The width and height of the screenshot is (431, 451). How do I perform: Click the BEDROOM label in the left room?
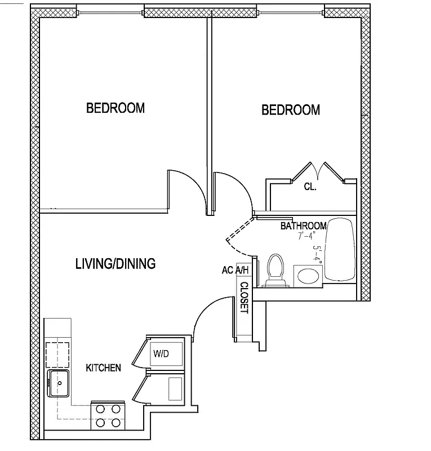pyautogui.click(x=115, y=108)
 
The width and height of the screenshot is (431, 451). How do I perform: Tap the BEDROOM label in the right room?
pyautogui.click(x=291, y=109)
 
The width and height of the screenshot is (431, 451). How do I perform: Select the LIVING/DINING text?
pyautogui.click(x=115, y=263)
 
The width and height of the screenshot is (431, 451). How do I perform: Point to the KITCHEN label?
pyautogui.click(x=103, y=368)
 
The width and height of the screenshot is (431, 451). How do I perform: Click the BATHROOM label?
pyautogui.click(x=304, y=226)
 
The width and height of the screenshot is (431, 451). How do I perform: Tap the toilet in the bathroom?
pyautogui.click(x=275, y=269)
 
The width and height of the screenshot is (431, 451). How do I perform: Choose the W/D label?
pyautogui.click(x=161, y=354)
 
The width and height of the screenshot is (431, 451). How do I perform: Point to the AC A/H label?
pyautogui.click(x=236, y=270)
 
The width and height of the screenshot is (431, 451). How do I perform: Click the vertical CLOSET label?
pyautogui.click(x=245, y=298)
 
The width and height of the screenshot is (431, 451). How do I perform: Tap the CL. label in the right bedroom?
pyautogui.click(x=310, y=187)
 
